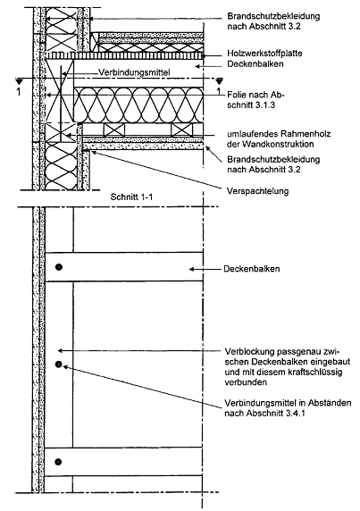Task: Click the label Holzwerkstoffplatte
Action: pyautogui.click(x=264, y=53)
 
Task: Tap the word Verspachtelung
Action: pyautogui.click(x=257, y=190)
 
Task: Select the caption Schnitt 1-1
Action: pyautogui.click(x=131, y=197)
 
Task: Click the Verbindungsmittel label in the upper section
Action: pyautogui.click(x=134, y=72)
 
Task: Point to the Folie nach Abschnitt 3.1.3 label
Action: pyautogui.click(x=255, y=100)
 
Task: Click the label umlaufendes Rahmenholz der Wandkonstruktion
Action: pyautogui.click(x=279, y=138)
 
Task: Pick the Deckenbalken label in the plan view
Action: pyautogui.click(x=252, y=269)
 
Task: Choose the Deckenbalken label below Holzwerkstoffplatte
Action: pyautogui.click(x=255, y=64)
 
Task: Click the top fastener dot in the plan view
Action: pyautogui.click(x=59, y=267)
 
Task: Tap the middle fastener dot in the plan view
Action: pyautogui.click(x=58, y=364)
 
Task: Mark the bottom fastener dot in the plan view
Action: pyautogui.click(x=58, y=462)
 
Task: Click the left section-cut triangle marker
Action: pyautogui.click(x=19, y=80)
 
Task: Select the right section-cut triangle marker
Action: pyautogui.click(x=219, y=80)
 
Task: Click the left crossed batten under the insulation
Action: pyautogui.click(x=114, y=130)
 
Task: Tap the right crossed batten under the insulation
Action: pyautogui.click(x=182, y=130)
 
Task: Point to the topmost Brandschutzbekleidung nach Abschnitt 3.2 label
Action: pyautogui.click(x=273, y=21)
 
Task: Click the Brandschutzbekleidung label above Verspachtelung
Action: pyautogui.click(x=273, y=164)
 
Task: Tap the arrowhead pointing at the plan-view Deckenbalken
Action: pyautogui.click(x=191, y=269)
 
